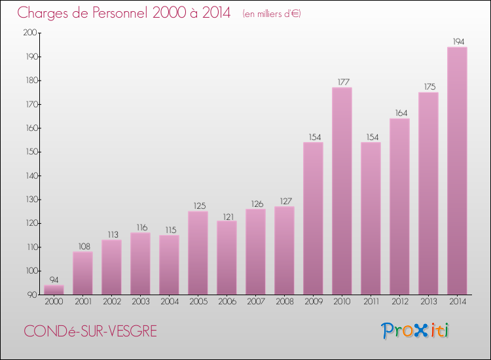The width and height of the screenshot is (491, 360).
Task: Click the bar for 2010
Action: (342, 191)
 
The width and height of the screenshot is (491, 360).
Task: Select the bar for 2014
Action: (457, 171)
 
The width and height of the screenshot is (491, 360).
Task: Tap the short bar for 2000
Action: (54, 290)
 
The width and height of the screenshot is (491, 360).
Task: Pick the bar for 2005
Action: (198, 253)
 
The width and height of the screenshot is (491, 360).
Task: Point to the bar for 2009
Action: (313, 219)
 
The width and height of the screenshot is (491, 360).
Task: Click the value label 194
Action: (458, 42)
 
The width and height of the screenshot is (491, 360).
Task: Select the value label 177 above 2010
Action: (344, 82)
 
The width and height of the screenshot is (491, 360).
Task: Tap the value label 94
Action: (54, 280)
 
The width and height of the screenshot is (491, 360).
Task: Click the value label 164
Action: (401, 113)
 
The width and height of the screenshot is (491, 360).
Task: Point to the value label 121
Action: (228, 217)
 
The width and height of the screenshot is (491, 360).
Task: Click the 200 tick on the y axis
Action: (30, 33)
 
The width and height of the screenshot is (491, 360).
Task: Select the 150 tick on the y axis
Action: (31, 152)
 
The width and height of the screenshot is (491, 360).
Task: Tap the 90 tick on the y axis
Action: (33, 295)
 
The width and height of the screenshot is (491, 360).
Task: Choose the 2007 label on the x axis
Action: (256, 302)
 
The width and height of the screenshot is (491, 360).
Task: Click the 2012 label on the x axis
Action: (400, 302)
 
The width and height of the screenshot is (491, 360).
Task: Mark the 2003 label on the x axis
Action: (141, 302)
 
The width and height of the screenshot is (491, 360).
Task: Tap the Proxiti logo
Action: (415, 331)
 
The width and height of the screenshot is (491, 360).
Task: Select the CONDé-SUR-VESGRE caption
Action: (90, 331)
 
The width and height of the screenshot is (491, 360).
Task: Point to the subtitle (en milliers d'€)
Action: (272, 14)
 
